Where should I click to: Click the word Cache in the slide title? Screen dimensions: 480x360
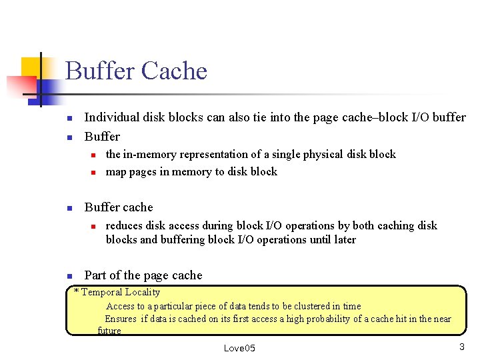[175, 71]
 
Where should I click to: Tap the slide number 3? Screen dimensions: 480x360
[461, 347]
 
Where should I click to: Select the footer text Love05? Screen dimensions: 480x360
[239, 348]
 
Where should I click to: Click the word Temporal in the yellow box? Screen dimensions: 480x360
[103, 292]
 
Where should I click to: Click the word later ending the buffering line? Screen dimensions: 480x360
[343, 239]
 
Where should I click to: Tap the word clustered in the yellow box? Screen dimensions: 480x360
[298, 306]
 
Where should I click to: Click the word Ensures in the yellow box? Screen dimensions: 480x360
[121, 319]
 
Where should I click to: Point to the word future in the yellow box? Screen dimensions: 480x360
[109, 331]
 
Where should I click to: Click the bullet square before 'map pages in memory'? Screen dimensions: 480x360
[94, 173]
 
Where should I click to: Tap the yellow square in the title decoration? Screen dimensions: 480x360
[30, 67]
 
